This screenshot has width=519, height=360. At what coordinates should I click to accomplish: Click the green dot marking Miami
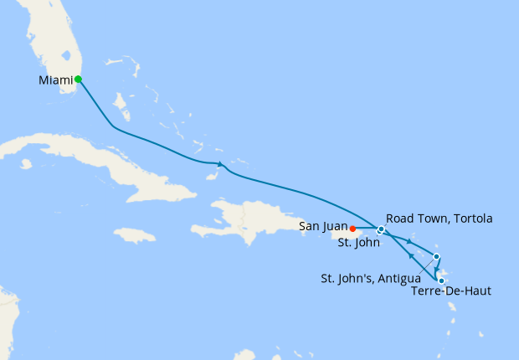coord(78,80)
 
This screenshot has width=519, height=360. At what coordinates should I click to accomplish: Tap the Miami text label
coord(55,80)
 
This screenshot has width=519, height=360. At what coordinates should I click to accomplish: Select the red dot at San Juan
coord(353,228)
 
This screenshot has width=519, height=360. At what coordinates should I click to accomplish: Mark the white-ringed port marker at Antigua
coord(436,256)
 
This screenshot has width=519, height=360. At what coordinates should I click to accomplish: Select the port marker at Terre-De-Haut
coord(441,281)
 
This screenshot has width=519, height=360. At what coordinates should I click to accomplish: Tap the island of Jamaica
coord(134,235)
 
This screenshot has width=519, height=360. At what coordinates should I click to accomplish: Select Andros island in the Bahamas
coord(121,105)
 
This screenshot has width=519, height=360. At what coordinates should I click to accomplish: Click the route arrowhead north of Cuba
coord(219,163)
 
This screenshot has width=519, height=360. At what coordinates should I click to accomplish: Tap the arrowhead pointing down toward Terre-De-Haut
coord(437,269)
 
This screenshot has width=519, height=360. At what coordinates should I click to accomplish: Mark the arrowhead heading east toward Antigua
coord(409,242)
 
